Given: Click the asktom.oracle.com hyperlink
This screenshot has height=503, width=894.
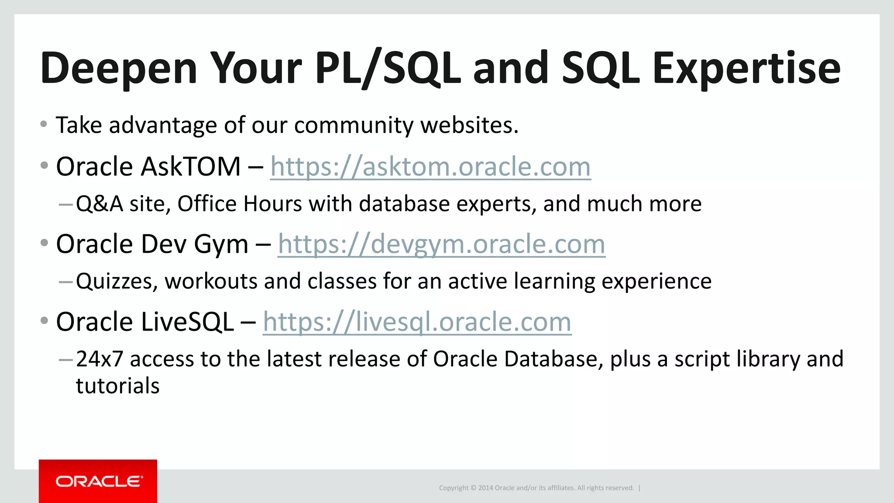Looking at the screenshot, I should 430,167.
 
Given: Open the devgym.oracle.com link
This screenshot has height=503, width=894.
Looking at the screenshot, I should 441,244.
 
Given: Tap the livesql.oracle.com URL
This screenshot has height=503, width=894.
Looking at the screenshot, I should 417,322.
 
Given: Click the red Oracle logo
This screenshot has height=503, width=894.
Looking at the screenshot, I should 98,481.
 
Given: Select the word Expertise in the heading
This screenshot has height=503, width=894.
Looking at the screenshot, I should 746,69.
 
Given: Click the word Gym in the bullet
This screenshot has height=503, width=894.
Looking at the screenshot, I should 221,245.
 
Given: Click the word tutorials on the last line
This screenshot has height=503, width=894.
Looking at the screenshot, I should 118,386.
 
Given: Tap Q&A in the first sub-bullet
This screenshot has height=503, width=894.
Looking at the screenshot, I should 100,204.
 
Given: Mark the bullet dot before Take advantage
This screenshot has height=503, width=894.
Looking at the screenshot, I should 44,124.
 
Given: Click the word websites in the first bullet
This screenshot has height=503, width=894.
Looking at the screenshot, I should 469,125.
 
